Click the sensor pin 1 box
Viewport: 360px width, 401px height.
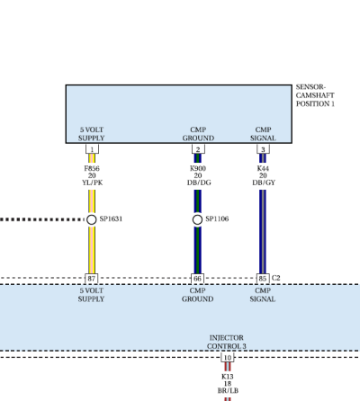click(x=92, y=149)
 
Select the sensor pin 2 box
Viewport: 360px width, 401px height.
click(x=198, y=149)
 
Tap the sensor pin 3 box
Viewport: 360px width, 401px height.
click(x=263, y=149)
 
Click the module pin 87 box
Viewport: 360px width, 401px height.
click(x=92, y=279)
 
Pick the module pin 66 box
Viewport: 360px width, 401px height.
click(x=197, y=279)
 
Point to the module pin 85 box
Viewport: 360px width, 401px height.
click(x=263, y=279)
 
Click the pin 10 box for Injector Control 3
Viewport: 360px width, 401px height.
click(x=228, y=358)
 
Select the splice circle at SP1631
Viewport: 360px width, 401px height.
click(x=92, y=219)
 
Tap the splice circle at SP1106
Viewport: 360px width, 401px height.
click(x=197, y=219)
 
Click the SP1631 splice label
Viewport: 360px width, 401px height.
click(x=111, y=218)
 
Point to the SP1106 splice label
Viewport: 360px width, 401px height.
click(x=217, y=218)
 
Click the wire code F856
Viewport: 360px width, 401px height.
click(x=92, y=168)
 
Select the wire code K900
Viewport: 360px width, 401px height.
click(x=198, y=168)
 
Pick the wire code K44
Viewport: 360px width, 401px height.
click(x=263, y=168)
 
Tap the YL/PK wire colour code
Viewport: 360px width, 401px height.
click(x=93, y=183)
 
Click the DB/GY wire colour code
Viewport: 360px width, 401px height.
click(x=264, y=183)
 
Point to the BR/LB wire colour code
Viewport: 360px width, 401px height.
click(x=228, y=390)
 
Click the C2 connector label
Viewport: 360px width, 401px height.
click(x=275, y=278)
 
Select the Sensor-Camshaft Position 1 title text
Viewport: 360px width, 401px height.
click(x=315, y=95)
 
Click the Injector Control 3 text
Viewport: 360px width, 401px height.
click(x=227, y=342)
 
